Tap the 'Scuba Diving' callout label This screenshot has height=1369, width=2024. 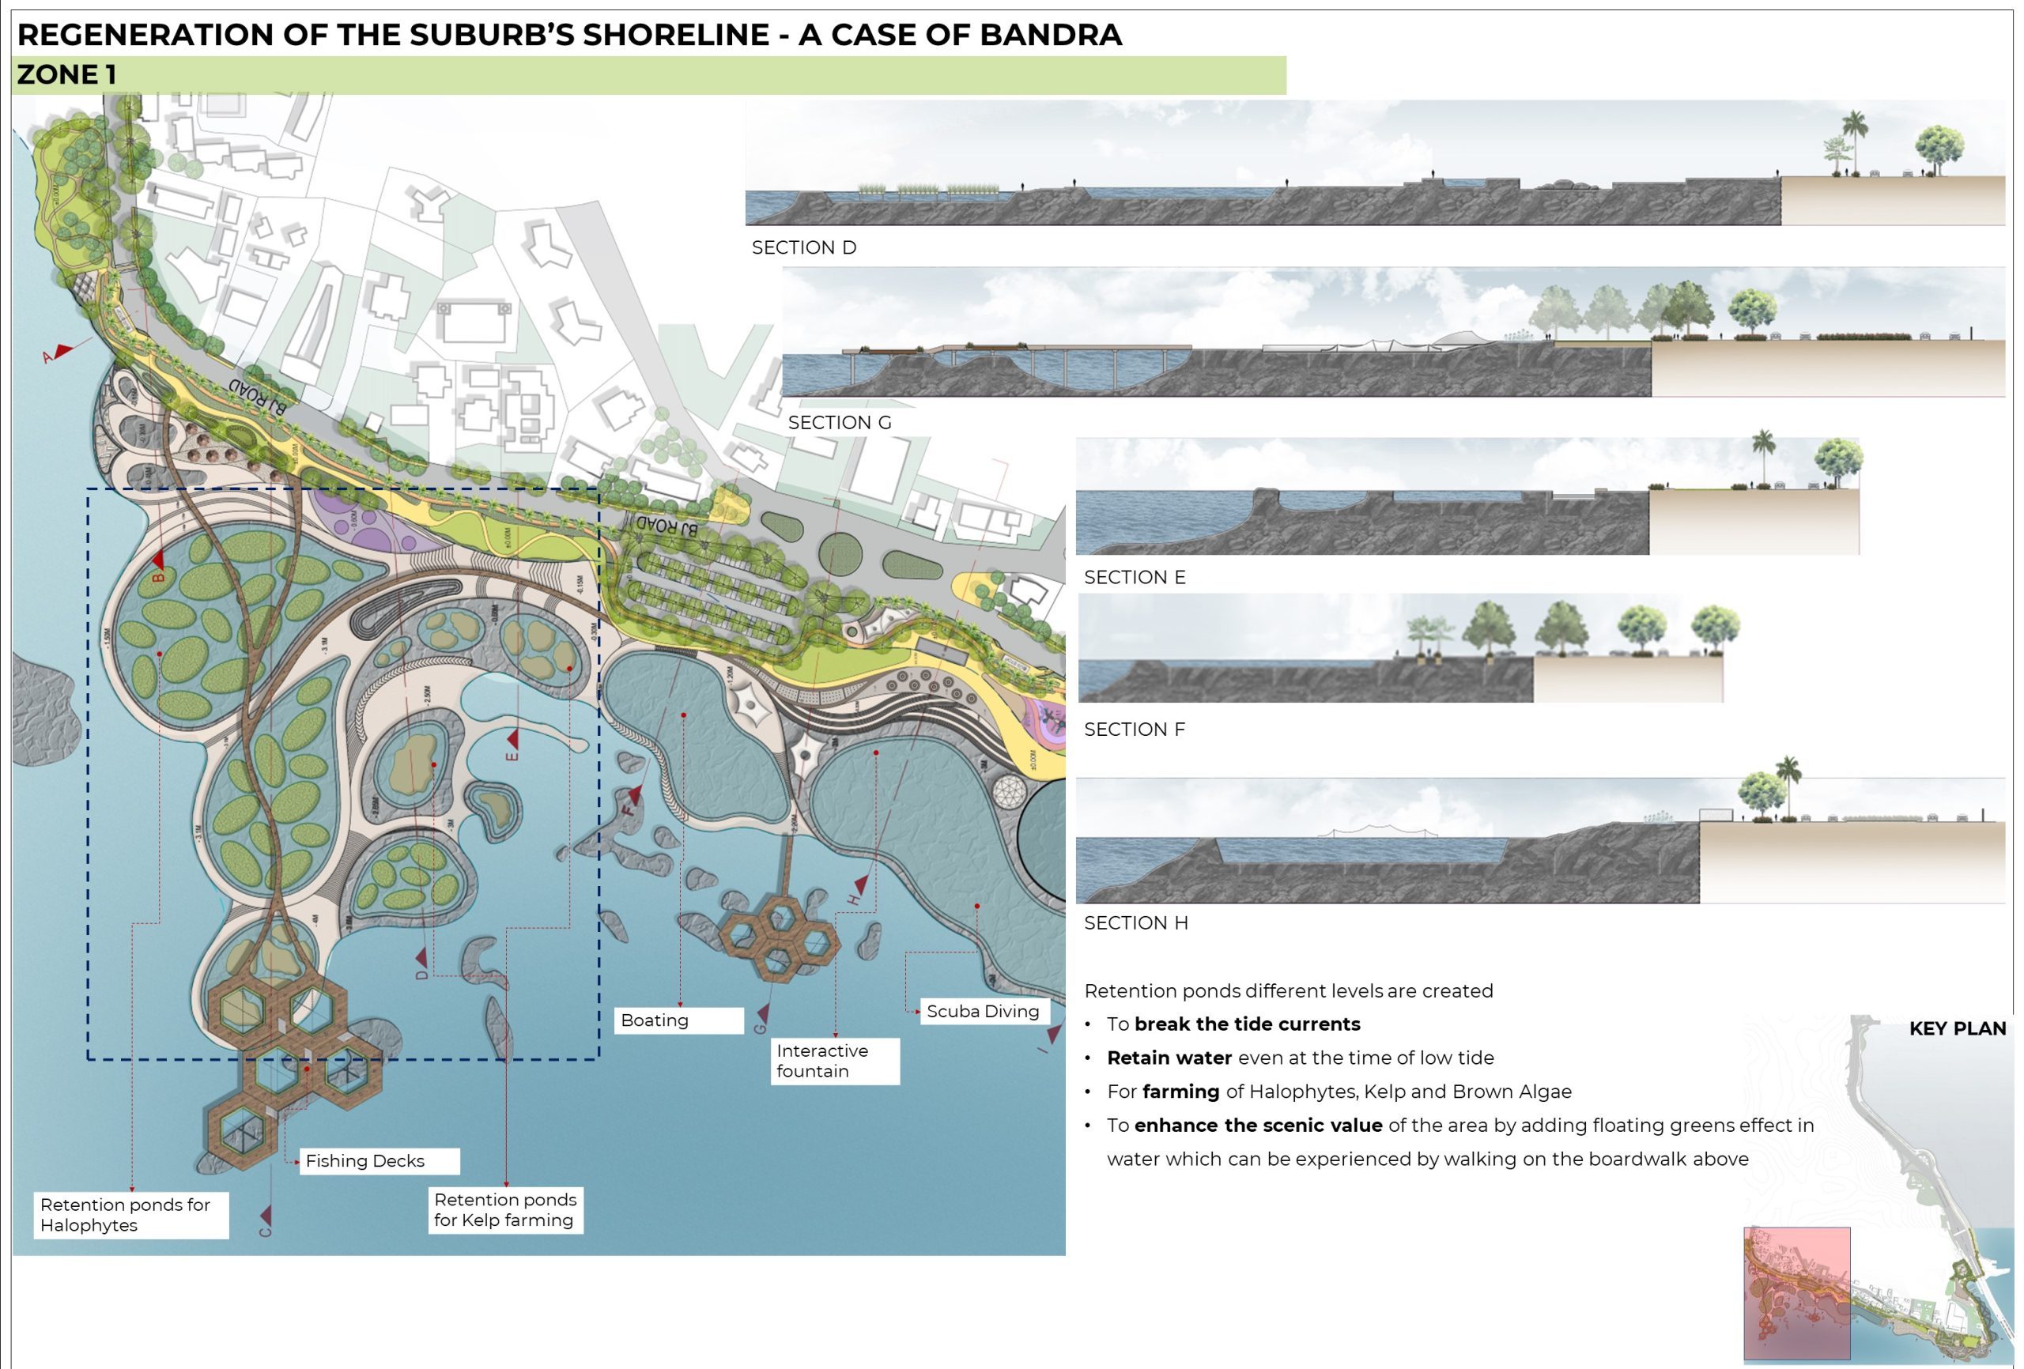[x=984, y=1011]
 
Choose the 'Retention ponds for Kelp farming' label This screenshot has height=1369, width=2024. [x=505, y=1209]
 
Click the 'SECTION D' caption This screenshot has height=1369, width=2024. [x=804, y=248]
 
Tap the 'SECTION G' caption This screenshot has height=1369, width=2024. [x=840, y=423]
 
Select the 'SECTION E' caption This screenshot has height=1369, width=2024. [x=1135, y=577]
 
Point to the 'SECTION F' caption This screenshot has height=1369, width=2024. [x=1135, y=730]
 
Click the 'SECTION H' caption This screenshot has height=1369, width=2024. [x=1135, y=923]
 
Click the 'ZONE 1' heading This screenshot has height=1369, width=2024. [x=67, y=75]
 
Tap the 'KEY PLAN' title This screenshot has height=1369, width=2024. [x=1957, y=1028]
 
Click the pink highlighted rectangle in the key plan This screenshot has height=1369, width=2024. [x=1796, y=1293]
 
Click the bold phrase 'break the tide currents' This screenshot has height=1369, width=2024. [x=1247, y=1024]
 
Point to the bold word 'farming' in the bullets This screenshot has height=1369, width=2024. [x=1180, y=1092]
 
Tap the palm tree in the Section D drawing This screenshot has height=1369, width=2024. [x=1855, y=139]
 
